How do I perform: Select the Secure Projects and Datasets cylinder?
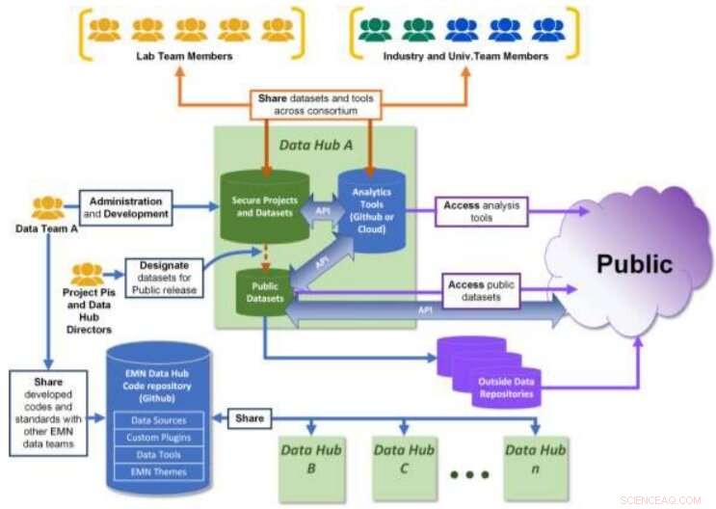[x=264, y=208]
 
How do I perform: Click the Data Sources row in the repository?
[x=158, y=420]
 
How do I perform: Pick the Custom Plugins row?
[x=158, y=438]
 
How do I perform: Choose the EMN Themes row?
[x=158, y=471]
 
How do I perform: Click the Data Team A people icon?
[x=47, y=207]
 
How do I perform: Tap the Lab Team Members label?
[x=184, y=56]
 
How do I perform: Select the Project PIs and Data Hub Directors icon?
[x=87, y=274]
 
